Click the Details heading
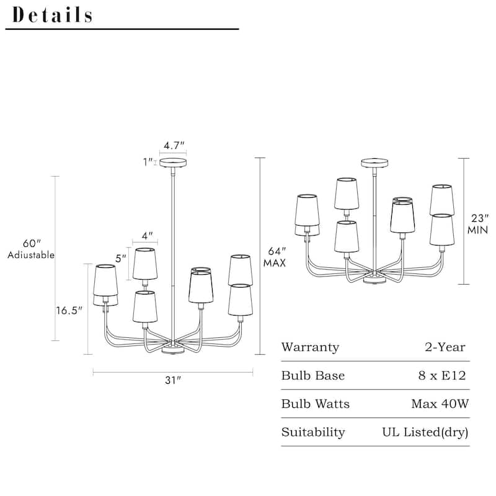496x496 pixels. click(53, 15)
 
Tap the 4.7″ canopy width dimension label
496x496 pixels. click(174, 145)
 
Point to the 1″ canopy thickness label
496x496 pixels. click(148, 162)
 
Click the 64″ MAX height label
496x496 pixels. click(273, 257)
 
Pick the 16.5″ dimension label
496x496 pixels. click(69, 311)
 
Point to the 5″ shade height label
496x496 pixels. click(122, 257)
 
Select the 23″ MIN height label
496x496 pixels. click(477, 224)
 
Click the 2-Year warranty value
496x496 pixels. click(445, 347)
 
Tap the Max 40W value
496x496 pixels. click(440, 404)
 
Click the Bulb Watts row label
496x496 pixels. click(315, 404)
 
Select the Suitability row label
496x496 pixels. click(312, 432)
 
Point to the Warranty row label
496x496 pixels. click(310, 347)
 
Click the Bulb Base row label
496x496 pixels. click(312, 376)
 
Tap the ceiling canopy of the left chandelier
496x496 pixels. click(174, 163)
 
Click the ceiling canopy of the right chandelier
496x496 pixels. click(375, 163)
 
